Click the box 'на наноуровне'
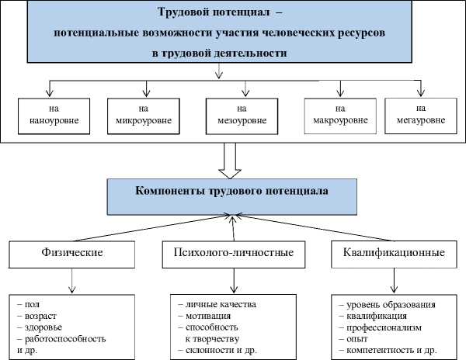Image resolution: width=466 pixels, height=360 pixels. pyautogui.click(x=51, y=116)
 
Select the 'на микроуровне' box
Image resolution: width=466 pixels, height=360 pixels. pyautogui.click(x=143, y=116)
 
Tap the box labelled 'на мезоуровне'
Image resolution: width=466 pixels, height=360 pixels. pyautogui.click(x=242, y=116)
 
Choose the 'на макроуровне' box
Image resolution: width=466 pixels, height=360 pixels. pyautogui.click(x=340, y=116)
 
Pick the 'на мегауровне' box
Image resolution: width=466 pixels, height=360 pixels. pyautogui.click(x=421, y=115)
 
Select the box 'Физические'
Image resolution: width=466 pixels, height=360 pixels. pyautogui.click(x=71, y=253)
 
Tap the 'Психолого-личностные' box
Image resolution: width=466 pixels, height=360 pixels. pyautogui.click(x=233, y=253)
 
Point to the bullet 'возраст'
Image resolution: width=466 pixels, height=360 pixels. pyautogui.click(x=45, y=316)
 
